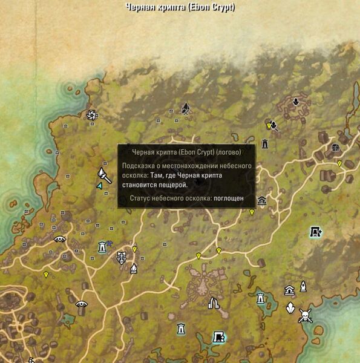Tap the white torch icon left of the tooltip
coord(103,175)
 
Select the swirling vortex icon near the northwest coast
coord(92,114)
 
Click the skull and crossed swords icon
coord(305,315)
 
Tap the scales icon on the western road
coord(122,257)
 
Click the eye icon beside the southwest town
coord(81,304)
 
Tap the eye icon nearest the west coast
coord(59,240)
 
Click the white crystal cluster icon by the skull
coord(290,307)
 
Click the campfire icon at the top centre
coord(186,109)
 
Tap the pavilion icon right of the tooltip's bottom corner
coord(262,201)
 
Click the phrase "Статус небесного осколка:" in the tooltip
coord(170,198)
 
